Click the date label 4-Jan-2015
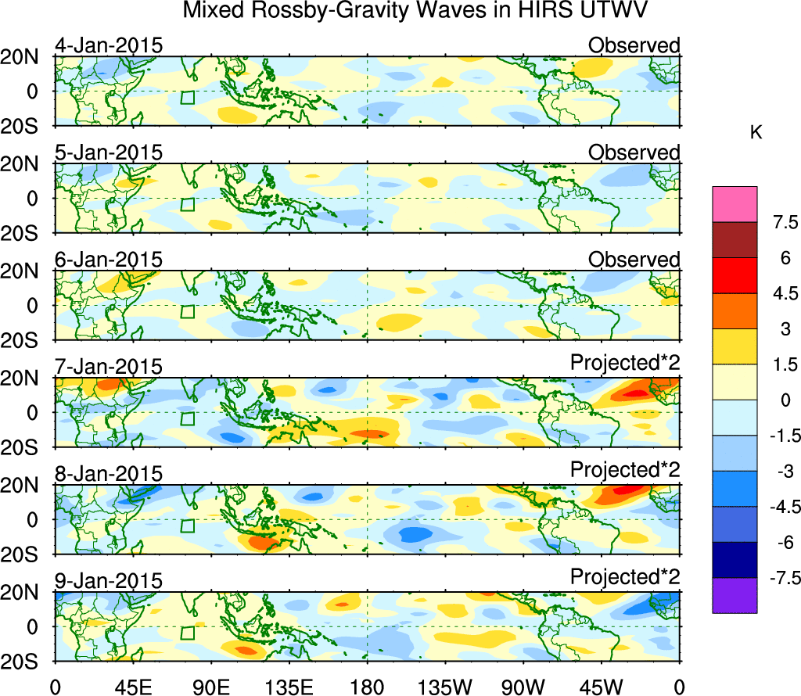click(109, 45)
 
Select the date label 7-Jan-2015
click(109, 367)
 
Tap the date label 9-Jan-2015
click(109, 581)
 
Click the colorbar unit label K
click(756, 133)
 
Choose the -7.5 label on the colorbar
click(778, 579)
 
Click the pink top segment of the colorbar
click(735, 204)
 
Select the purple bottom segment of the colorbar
click(735, 595)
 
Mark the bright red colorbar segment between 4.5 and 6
click(735, 275)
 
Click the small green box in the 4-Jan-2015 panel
click(187, 97)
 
